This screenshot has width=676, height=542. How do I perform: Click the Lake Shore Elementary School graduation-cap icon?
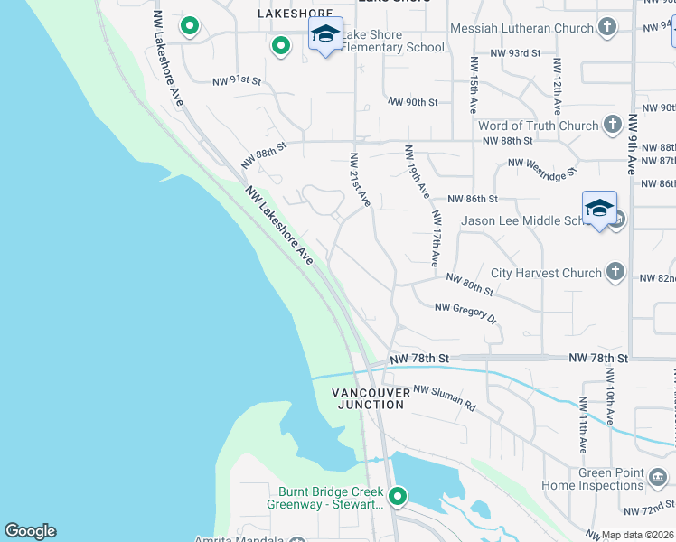(325, 35)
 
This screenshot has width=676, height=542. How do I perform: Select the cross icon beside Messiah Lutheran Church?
(606, 28)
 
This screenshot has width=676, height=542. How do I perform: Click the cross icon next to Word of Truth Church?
(613, 126)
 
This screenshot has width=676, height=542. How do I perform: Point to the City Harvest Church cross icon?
(615, 272)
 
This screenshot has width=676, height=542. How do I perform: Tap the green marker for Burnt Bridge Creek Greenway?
(396, 496)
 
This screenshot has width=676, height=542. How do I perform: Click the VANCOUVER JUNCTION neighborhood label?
(369, 398)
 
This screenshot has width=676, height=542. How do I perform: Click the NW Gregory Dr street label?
(466, 313)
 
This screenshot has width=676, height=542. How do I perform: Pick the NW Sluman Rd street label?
(445, 398)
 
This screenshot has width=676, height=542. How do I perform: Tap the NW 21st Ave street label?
(360, 180)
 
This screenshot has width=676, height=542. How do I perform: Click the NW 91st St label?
(237, 81)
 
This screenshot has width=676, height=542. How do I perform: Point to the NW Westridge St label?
(542, 165)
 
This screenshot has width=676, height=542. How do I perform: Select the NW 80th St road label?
(470, 285)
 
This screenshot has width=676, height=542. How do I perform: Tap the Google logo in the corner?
(30, 531)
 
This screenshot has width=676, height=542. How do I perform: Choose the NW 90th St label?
(412, 102)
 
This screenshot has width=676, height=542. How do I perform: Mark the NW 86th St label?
(474, 199)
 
